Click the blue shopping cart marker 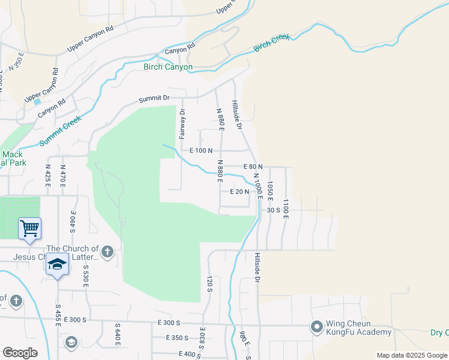coord(29,229)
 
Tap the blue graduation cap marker coord(57,265)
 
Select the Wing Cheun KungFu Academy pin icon coord(316,327)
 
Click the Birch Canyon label coord(168,67)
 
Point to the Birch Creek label coord(272,43)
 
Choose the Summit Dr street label coord(154,98)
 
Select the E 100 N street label coord(202,151)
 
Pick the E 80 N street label coord(253,167)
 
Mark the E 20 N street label coord(239,191)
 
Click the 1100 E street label coord(286,209)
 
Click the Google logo coord(20,353)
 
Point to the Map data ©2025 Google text coord(411,355)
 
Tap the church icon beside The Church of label coord(107,251)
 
